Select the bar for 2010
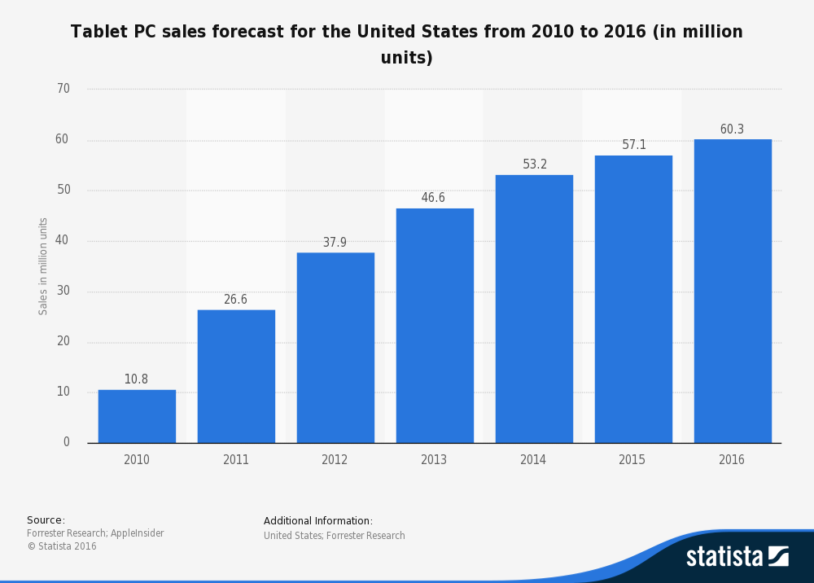point(137,416)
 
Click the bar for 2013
point(435,326)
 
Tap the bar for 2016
point(733,291)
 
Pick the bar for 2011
point(236,376)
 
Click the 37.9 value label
point(335,243)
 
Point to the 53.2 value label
point(535,164)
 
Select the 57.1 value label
point(634,145)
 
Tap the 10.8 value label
point(136,379)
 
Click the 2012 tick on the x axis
point(335,460)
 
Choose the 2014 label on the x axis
point(533,460)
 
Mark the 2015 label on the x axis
point(632,460)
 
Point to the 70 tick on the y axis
point(63,89)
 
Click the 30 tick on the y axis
point(63,291)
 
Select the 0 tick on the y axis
point(67,442)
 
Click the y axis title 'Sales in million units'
point(44,265)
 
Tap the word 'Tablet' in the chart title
point(98,32)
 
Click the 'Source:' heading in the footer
point(46,520)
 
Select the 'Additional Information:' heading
point(317,521)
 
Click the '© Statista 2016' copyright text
point(62,546)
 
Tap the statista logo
point(737,556)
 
